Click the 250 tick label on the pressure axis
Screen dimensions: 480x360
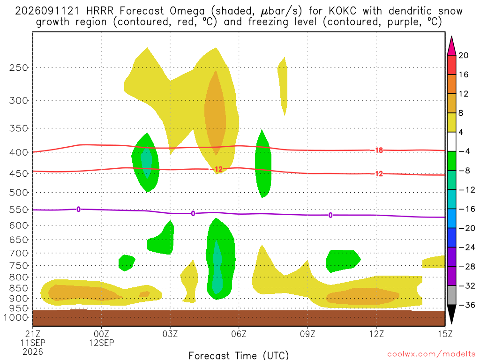18,67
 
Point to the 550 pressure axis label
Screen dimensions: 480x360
18,210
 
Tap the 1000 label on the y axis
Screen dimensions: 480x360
16,317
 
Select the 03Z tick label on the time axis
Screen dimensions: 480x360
170,334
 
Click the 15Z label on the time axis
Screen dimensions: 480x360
445,334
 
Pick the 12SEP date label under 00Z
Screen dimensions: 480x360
101,343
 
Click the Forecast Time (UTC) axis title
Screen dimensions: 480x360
239,355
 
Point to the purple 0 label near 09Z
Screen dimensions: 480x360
330,215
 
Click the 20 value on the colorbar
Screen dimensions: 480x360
463,55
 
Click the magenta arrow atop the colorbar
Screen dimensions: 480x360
451,46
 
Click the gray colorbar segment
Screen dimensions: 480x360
451,295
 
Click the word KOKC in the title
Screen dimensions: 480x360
343,11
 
